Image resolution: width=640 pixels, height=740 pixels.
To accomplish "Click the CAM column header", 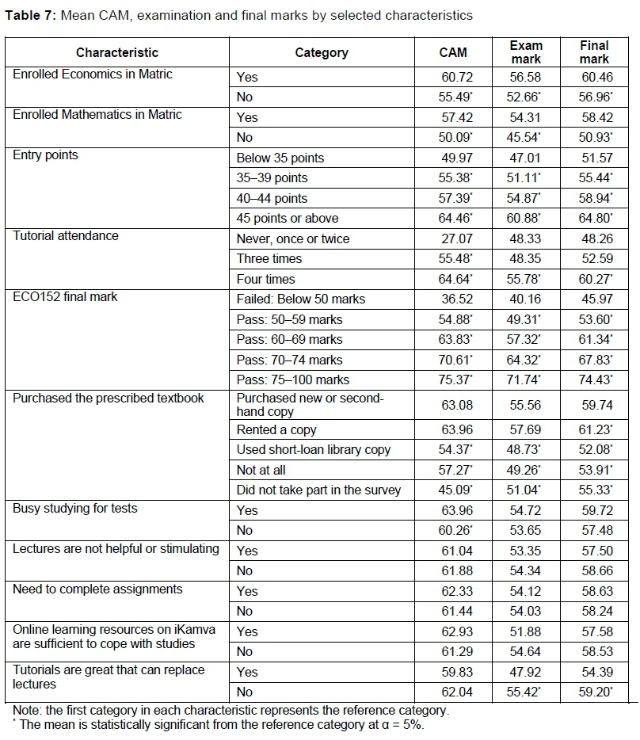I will [x=453, y=53].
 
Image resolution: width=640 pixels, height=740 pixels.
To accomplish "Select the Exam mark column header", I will [x=526, y=53].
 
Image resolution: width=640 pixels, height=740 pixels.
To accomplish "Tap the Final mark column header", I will [x=594, y=53].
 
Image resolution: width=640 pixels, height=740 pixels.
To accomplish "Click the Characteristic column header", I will [x=117, y=53].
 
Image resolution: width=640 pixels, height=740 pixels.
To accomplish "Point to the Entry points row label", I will [x=46, y=155].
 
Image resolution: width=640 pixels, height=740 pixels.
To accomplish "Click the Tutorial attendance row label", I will [x=66, y=235].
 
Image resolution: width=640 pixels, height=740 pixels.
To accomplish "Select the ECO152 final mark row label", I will [x=64, y=296].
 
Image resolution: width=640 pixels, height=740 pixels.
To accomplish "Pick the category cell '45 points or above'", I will [x=288, y=219].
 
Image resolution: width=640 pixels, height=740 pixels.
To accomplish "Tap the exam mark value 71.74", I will [x=526, y=380].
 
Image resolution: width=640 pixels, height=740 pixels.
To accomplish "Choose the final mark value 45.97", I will [x=595, y=299].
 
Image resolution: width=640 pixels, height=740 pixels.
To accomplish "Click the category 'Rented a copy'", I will [x=276, y=429].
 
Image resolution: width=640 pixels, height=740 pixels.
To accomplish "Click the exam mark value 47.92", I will [x=526, y=672].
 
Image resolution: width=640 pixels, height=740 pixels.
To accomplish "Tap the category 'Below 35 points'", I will [x=280, y=158].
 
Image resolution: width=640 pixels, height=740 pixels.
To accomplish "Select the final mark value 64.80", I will [x=595, y=219].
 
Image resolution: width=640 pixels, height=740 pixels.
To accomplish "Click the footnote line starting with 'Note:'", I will [x=230, y=710].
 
